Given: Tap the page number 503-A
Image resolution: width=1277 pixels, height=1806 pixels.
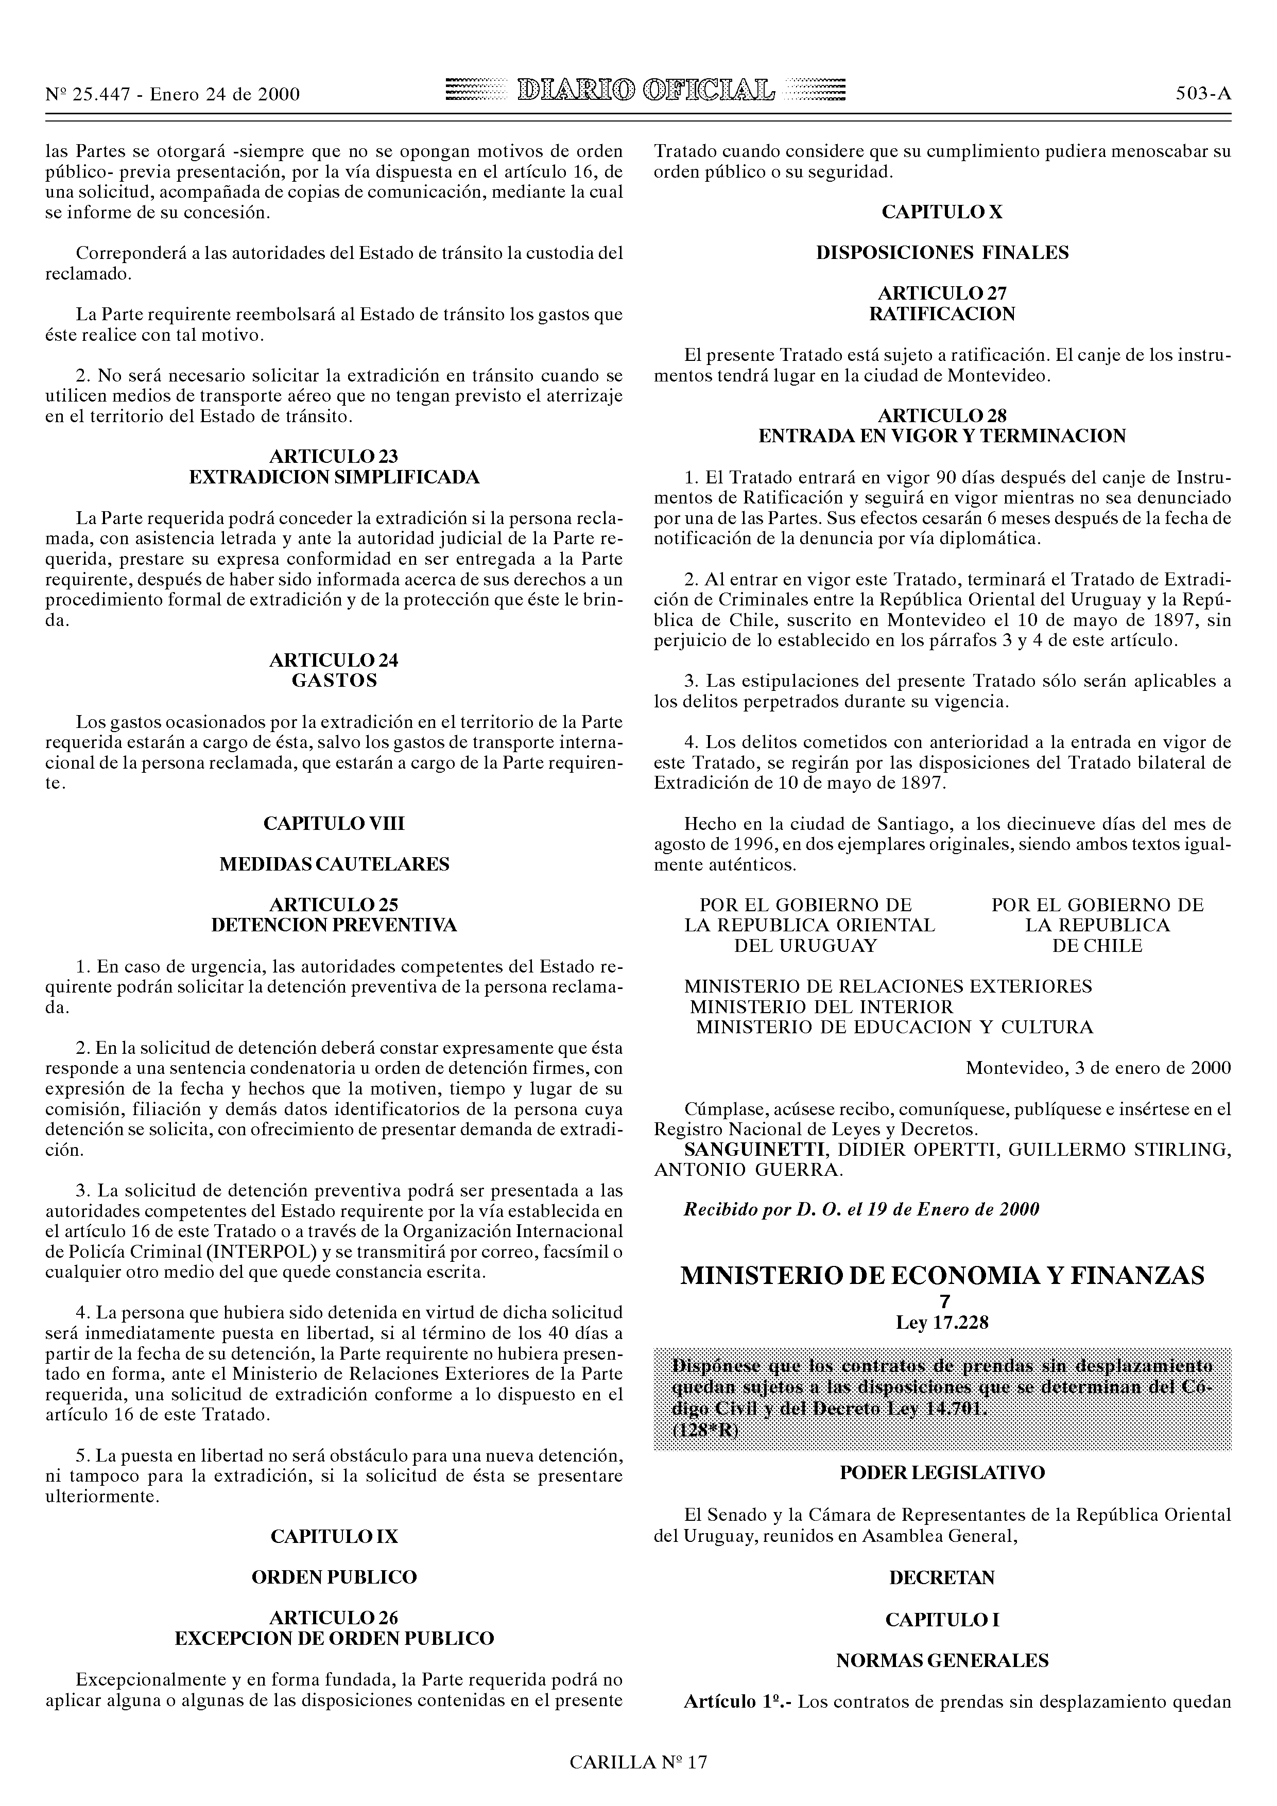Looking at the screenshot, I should pos(1203,94).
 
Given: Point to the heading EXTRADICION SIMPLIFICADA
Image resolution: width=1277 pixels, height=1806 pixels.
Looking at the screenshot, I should pos(334,477).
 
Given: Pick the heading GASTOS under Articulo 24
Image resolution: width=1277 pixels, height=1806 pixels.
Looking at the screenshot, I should pos(334,681).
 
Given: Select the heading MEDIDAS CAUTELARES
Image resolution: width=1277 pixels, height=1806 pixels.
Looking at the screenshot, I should pos(334,864).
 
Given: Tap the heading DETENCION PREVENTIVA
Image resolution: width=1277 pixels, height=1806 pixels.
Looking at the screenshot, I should pos(334,925).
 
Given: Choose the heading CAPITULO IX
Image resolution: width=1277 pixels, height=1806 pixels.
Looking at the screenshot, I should pos(334,1536).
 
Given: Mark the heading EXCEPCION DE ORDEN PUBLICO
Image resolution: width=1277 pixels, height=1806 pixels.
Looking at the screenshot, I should pos(334,1639).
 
